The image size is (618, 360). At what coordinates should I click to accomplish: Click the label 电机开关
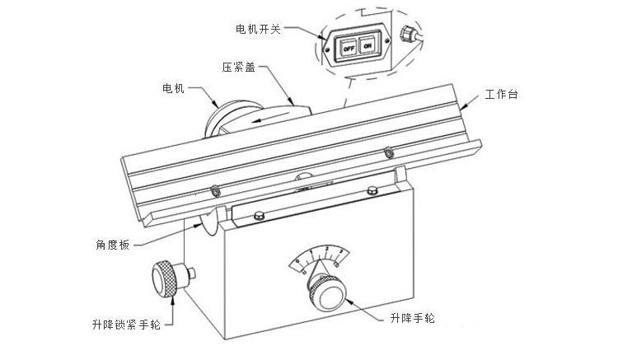(x=258, y=28)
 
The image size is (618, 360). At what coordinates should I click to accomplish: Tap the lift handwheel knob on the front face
(x=329, y=292)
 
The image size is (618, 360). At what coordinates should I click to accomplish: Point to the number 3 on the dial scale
(x=339, y=250)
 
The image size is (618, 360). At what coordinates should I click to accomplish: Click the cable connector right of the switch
(x=406, y=35)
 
